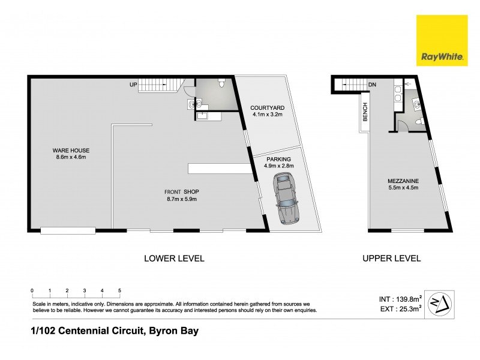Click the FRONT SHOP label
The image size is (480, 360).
(181, 196)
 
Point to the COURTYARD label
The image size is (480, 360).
(267, 111)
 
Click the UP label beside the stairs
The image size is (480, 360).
(133, 85)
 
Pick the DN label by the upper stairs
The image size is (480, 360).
(372, 85)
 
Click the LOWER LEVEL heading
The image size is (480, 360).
(174, 259)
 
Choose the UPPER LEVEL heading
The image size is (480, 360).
(391, 259)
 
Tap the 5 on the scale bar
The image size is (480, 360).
(119, 290)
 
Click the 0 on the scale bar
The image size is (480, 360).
(32, 290)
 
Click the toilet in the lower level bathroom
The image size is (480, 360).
(221, 84)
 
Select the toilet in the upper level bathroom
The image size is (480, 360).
(421, 122)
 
